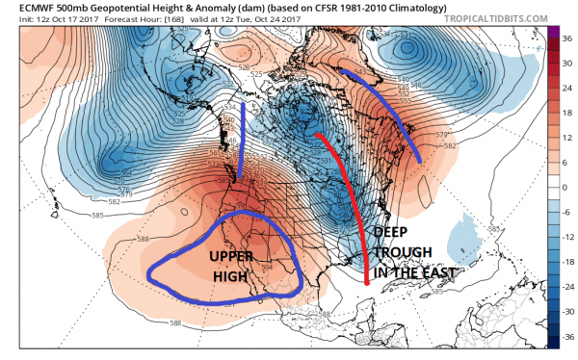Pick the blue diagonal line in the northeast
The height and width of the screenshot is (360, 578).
coord(385,101)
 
